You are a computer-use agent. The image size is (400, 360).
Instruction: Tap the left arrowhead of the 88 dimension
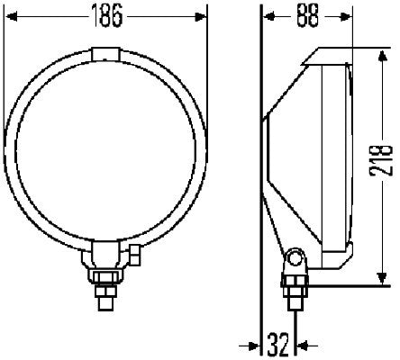pyautogui.click(x=268, y=16)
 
